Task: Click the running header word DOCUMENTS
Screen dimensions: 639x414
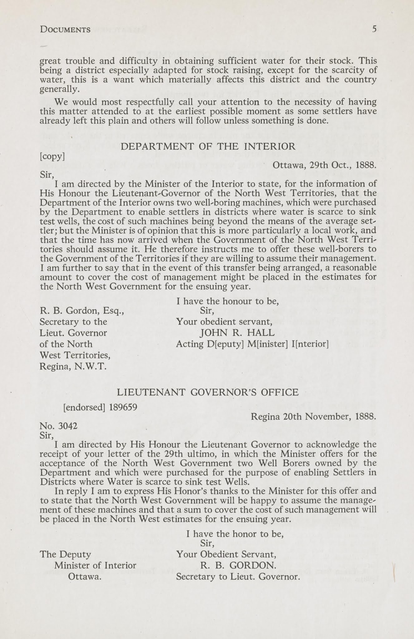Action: click(65, 30)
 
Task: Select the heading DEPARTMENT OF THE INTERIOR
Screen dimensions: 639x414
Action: click(207, 146)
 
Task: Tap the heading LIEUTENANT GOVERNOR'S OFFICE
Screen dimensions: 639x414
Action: click(207, 392)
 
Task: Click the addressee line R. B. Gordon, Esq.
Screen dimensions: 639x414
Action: click(82, 311)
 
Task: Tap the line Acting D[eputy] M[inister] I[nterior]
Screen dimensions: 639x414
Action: click(252, 344)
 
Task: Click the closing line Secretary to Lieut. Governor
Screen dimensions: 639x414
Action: click(238, 577)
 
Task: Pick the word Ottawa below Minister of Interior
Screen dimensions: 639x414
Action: click(85, 577)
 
